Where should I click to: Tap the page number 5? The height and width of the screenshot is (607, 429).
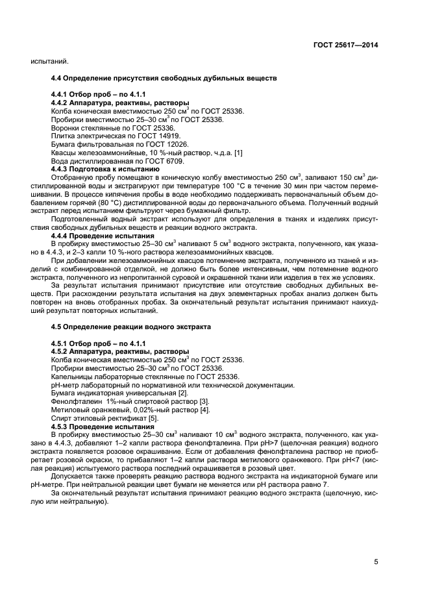tap(376, 562)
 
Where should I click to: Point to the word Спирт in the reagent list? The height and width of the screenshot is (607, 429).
tap(61, 419)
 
